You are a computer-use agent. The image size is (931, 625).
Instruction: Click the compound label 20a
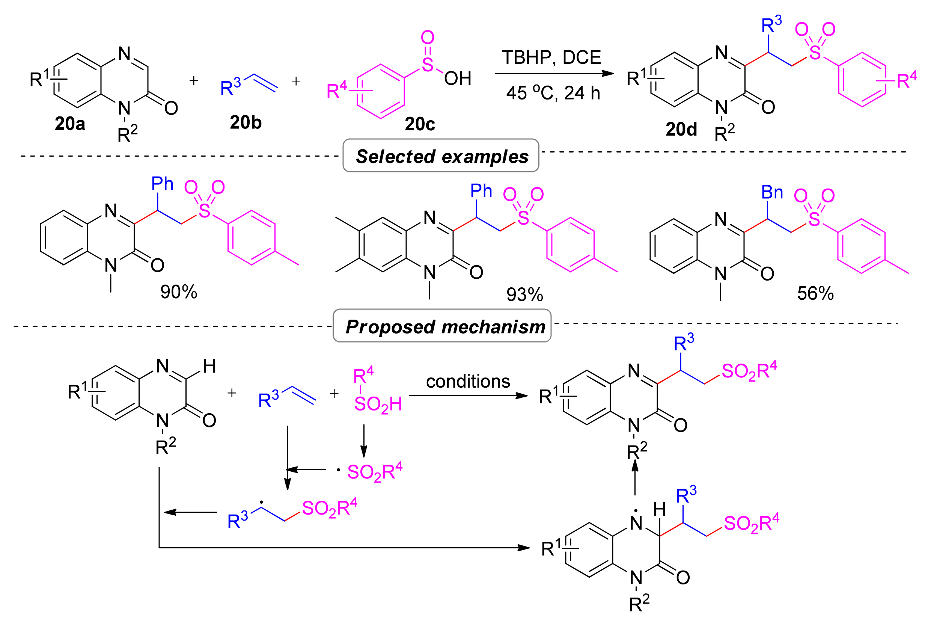pyautogui.click(x=70, y=124)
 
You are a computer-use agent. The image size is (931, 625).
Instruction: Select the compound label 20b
pyautogui.click(x=246, y=122)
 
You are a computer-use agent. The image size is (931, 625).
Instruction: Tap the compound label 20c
pyautogui.click(x=419, y=124)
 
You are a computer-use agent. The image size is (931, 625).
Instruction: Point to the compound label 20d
pyautogui.click(x=681, y=129)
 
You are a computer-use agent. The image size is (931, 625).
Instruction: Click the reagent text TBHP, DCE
pyautogui.click(x=551, y=57)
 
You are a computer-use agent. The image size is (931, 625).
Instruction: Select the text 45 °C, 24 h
pyautogui.click(x=553, y=93)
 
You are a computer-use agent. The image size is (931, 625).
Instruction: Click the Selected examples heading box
pyautogui.click(x=441, y=156)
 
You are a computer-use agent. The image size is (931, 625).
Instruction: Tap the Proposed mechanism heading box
pyautogui.click(x=442, y=326)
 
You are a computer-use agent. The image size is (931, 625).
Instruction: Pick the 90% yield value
pyautogui.click(x=178, y=292)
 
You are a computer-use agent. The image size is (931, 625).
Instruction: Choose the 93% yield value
pyautogui.click(x=524, y=295)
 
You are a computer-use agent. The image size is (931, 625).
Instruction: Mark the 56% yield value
pyautogui.click(x=815, y=294)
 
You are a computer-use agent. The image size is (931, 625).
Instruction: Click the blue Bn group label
pyautogui.click(x=772, y=193)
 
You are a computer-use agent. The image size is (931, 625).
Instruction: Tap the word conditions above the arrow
pyautogui.click(x=468, y=382)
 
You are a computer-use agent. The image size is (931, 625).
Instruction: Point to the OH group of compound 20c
pyautogui.click(x=457, y=79)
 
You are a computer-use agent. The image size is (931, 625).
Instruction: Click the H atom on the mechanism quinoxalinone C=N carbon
pyautogui.click(x=209, y=366)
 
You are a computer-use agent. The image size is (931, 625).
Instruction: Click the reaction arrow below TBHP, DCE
pyautogui.click(x=554, y=73)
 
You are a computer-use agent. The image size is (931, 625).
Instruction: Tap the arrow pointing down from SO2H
pyautogui.click(x=363, y=441)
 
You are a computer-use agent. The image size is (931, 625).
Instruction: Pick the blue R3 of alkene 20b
pyautogui.click(x=230, y=87)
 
